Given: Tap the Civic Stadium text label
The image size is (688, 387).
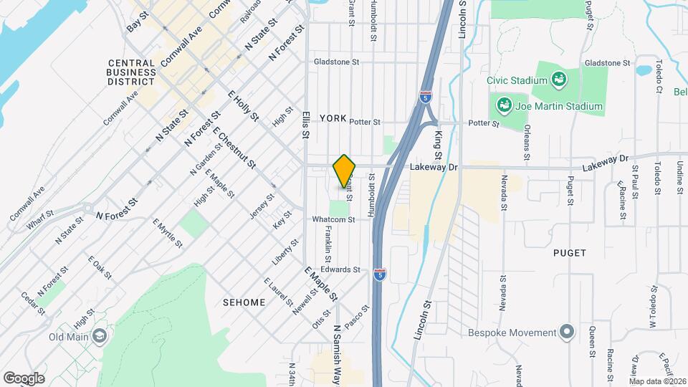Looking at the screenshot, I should pos(512,80).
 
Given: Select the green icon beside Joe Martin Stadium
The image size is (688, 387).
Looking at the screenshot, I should pos(504,107).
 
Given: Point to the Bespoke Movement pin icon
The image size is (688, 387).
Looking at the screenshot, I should pos(568,333).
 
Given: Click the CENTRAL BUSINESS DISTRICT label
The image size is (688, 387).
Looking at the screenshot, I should pos(131,72).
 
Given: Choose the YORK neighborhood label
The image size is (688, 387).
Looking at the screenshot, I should pos(333,118).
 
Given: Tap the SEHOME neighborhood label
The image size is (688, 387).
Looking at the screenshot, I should pos(244,302).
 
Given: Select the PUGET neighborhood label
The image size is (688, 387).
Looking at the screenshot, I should pos(570,253).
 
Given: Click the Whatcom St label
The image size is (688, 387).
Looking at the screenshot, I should pos(334,219).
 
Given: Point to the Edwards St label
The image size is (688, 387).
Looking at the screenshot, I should pos(340,269).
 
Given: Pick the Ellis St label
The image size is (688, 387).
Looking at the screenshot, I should pos(305,124).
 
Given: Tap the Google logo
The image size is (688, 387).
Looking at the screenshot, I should pos(24,378).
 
